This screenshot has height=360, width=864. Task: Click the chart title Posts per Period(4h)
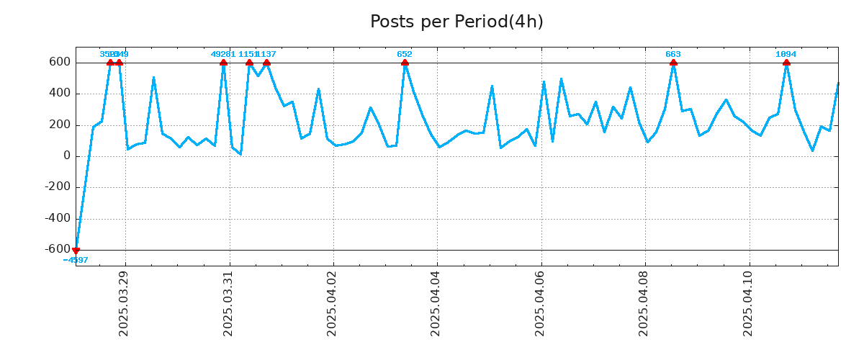[x=456, y=22]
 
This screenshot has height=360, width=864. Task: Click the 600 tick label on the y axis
[x=60, y=63]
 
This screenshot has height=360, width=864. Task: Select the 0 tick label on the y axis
[x=67, y=156]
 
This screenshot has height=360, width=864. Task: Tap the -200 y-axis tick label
[x=56, y=187]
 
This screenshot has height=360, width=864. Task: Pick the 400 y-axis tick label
[x=60, y=94]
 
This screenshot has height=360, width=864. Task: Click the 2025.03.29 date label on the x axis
[x=124, y=303]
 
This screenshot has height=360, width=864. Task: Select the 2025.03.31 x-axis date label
[x=228, y=303]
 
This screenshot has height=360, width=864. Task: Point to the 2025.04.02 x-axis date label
[x=332, y=303]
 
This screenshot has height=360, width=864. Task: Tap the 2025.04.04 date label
[x=436, y=303]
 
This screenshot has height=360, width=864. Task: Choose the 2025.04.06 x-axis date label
[x=540, y=303]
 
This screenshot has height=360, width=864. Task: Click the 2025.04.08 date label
[x=644, y=303]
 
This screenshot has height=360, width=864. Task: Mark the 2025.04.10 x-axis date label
[x=748, y=303]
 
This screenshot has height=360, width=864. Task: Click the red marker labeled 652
[x=405, y=63]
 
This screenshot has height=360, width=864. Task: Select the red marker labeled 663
[x=673, y=63]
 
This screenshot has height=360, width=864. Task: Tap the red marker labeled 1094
[x=786, y=63]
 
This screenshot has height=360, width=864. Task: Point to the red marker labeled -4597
[x=76, y=250]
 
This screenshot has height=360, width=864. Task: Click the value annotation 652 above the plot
[x=405, y=55]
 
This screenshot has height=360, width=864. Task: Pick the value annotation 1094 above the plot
[x=786, y=55]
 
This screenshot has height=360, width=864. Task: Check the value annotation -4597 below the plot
[x=76, y=260]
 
